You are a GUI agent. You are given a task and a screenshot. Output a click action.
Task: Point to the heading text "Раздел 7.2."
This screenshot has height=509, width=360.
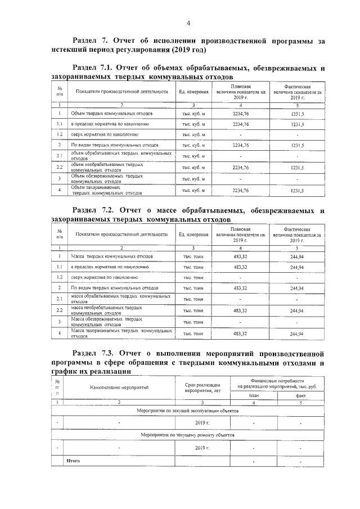pyautogui.click(x=96, y=211)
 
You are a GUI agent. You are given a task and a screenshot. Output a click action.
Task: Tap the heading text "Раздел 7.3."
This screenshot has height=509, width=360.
pyautogui.click(x=96, y=354)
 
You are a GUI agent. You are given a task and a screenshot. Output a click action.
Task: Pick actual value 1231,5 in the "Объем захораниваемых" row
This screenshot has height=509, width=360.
pyautogui.click(x=297, y=191)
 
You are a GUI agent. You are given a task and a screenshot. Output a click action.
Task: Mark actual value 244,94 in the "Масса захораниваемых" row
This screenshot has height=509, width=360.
pyautogui.click(x=297, y=334)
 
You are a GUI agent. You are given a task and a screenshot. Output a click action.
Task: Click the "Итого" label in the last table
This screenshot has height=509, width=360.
pyautogui.click(x=73, y=461)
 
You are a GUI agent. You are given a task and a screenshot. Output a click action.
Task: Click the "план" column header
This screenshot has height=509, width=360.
pyautogui.click(x=253, y=395)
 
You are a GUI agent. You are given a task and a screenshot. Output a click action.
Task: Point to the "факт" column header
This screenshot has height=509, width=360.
pyautogui.click(x=300, y=395)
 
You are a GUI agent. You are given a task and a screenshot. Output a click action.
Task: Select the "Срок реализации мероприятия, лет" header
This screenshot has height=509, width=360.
pyautogui.click(x=201, y=387)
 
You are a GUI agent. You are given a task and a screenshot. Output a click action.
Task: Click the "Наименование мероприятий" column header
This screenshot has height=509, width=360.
pyautogui.click(x=119, y=388)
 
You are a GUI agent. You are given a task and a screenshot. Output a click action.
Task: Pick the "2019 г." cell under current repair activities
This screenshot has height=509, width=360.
pyautogui.click(x=202, y=448)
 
